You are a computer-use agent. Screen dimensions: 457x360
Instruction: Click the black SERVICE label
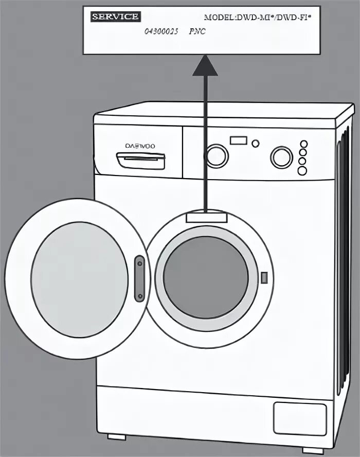pyautogui.click(x=115, y=16)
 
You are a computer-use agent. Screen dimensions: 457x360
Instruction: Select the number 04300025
pyautogui.click(x=161, y=32)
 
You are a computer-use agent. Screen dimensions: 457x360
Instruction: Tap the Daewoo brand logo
pyautogui.click(x=140, y=146)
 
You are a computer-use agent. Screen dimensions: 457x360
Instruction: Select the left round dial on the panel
pyautogui.click(x=217, y=155)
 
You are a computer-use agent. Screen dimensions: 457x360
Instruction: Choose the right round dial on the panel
pyautogui.click(x=281, y=157)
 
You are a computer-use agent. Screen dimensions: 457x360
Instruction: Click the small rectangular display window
pyautogui.click(x=239, y=140)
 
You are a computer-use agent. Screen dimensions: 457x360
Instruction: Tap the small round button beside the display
pyautogui.click(x=256, y=143)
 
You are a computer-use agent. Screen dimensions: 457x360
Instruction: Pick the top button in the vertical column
pyautogui.click(x=303, y=144)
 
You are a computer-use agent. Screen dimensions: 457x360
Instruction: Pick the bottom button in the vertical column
pyautogui.click(x=302, y=170)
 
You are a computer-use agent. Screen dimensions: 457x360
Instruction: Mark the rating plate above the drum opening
pyautogui.click(x=206, y=217)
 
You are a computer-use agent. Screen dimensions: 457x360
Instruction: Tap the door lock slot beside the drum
pyautogui.click(x=264, y=278)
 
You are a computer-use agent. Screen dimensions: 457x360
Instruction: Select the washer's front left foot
pyautogui.click(x=117, y=436)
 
